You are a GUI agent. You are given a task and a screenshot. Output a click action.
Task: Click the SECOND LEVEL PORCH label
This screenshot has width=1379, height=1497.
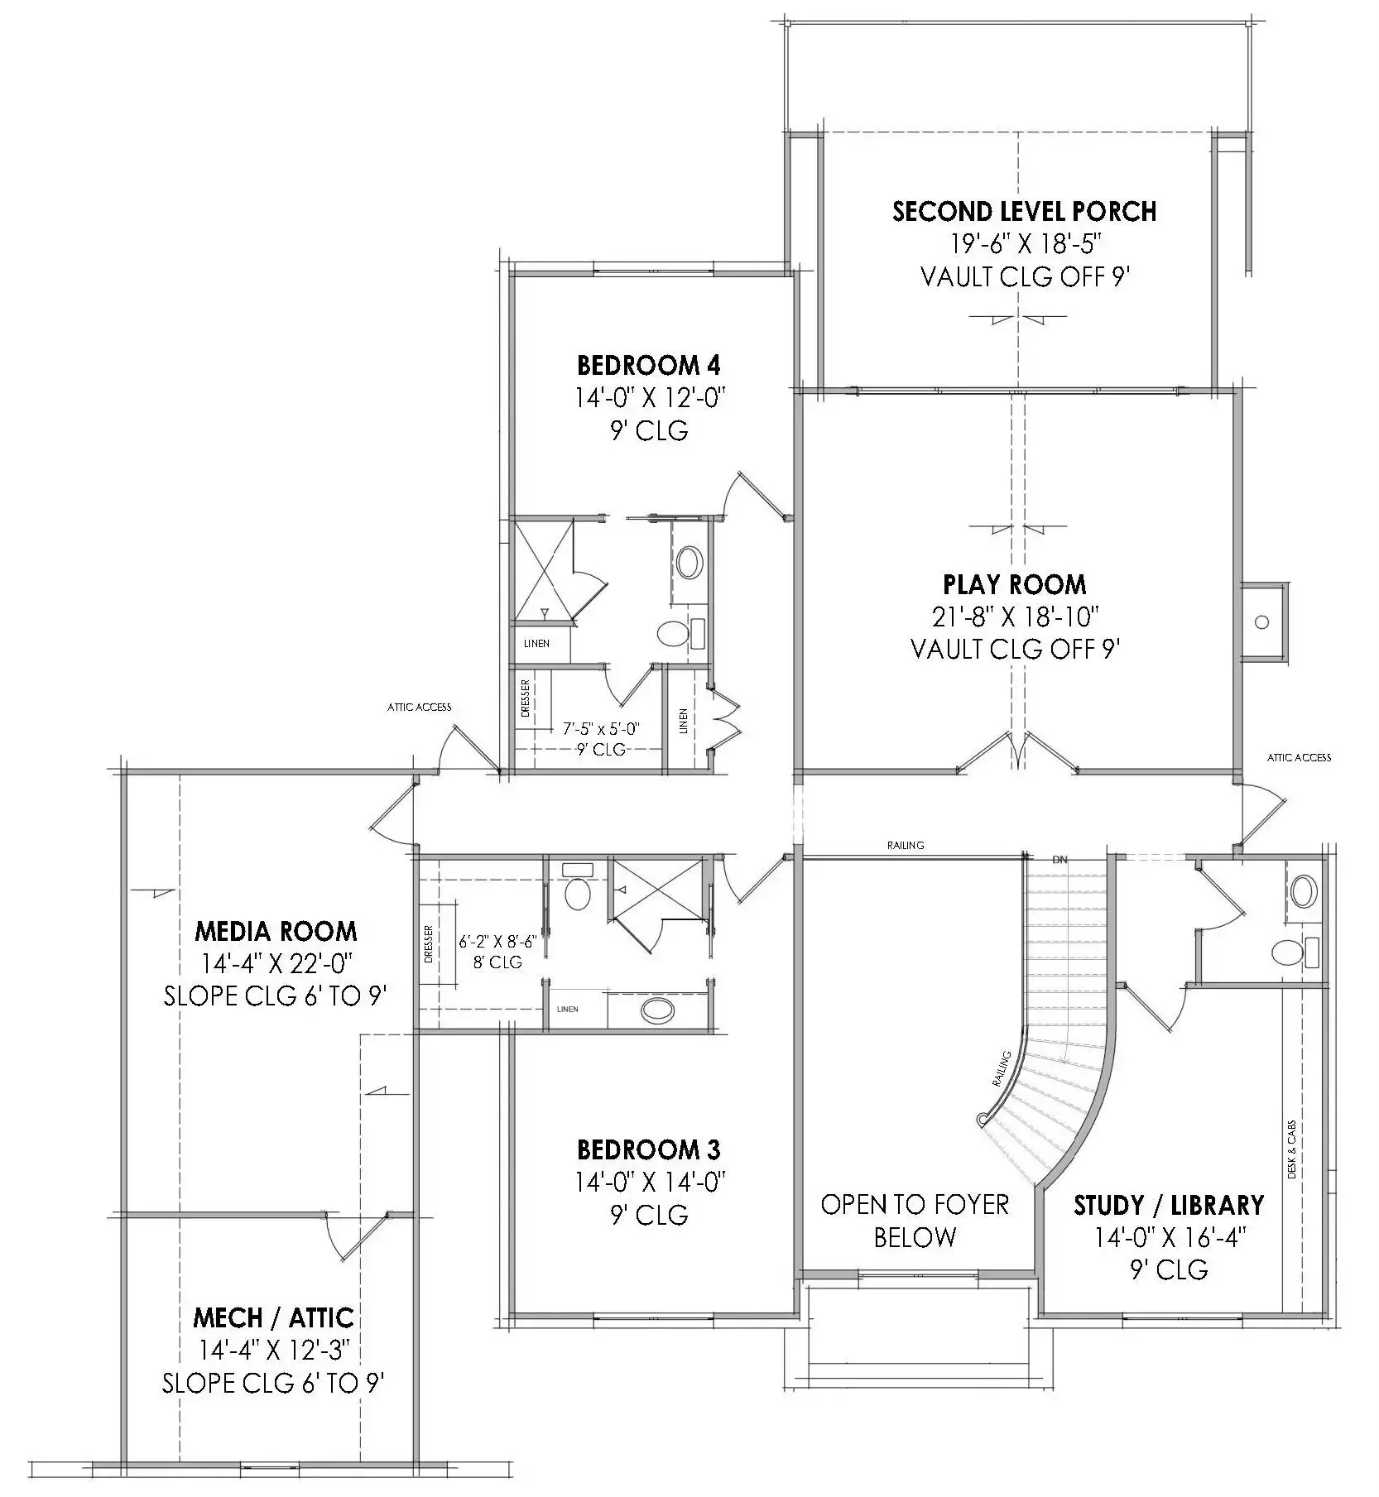tap(1025, 212)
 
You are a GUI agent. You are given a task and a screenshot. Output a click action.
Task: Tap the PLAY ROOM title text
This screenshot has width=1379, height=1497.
tap(1015, 585)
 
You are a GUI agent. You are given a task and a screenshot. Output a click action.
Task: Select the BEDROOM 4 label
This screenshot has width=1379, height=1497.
tap(648, 365)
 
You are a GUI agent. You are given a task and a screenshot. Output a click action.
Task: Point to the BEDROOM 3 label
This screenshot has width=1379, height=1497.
tap(648, 1149)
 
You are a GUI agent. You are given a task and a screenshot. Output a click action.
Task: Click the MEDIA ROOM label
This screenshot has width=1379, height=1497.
tap(276, 932)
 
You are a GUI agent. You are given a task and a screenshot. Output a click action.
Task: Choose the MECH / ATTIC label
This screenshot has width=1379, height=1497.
tap(273, 1317)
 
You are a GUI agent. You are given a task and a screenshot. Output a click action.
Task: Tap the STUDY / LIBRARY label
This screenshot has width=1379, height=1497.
tap(1169, 1205)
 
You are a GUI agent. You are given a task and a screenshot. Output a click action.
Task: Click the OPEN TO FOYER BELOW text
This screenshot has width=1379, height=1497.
tap(915, 1221)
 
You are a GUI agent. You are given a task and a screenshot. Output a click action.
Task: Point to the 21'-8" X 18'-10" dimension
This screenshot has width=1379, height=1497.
tap(1015, 617)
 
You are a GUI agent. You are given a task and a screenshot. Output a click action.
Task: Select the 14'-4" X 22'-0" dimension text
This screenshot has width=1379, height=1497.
tap(276, 964)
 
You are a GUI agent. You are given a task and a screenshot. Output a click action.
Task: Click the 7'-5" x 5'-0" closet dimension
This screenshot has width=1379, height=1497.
tap(601, 729)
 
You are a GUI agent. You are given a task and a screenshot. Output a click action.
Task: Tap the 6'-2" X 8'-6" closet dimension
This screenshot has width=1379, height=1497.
tap(498, 942)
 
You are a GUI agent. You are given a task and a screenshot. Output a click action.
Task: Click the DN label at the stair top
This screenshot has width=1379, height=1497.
tap(1059, 860)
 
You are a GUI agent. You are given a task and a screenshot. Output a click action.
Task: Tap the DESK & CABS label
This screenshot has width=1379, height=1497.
tap(1292, 1150)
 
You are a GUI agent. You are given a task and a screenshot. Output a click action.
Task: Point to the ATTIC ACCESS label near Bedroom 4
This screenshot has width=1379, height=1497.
tap(420, 707)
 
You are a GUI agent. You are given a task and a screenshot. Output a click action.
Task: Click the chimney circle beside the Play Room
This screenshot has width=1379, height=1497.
tap(1262, 621)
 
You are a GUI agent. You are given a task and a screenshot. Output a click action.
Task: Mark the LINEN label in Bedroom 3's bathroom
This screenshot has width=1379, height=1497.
tap(568, 1010)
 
